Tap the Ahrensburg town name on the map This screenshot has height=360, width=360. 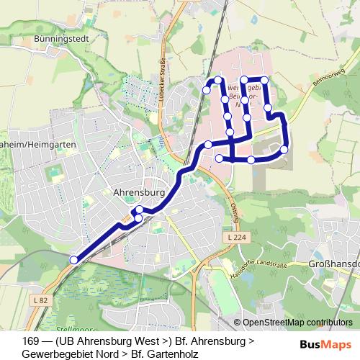[139, 193]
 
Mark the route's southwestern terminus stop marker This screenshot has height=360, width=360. [73, 260]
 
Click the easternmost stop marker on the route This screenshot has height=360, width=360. [284, 149]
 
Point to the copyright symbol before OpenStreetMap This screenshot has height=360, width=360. [238, 323]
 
